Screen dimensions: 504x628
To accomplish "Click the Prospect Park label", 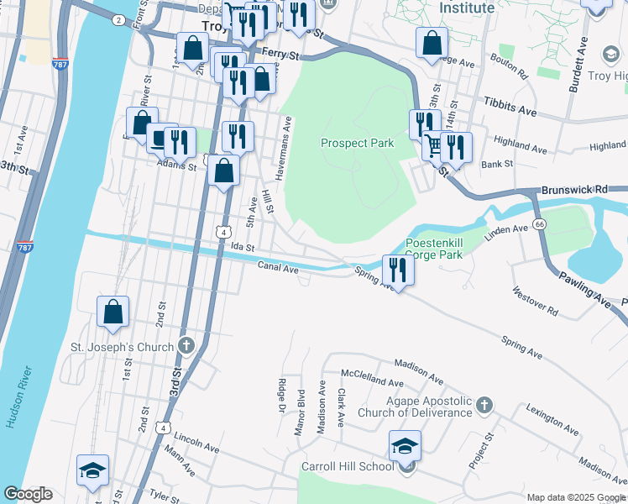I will coord(357,143).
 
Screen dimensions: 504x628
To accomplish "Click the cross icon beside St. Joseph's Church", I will coord(186,346).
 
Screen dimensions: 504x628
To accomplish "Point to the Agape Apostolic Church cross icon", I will coord(483,406).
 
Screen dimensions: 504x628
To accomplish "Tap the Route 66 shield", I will coord(539,224).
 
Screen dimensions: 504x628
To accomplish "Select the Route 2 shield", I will coord(118,18).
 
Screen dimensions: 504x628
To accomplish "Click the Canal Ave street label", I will coord(278,269).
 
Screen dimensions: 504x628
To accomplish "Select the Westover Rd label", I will coord(536,301).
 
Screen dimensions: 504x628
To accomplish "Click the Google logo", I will coord(28,494).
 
